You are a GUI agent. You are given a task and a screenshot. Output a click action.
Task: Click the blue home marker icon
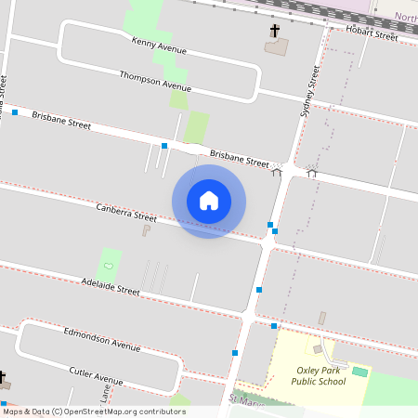click(x=209, y=201)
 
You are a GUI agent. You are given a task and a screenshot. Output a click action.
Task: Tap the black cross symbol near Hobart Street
click(x=275, y=32)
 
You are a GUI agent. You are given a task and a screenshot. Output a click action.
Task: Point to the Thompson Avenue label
click(x=155, y=80)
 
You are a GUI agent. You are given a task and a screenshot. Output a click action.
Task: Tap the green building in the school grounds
click(x=359, y=372)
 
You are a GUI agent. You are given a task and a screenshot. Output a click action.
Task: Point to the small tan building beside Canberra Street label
click(x=146, y=229)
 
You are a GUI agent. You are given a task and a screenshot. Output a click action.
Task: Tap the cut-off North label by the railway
click(x=406, y=17)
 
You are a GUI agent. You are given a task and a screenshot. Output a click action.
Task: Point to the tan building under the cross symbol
click(x=277, y=46)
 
